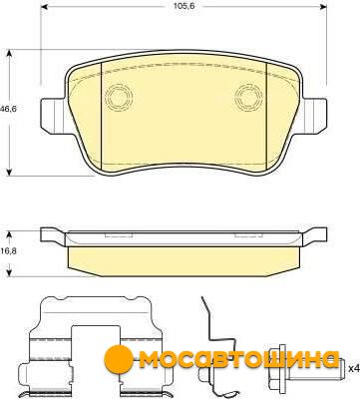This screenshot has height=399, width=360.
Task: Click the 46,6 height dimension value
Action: [x=8, y=108]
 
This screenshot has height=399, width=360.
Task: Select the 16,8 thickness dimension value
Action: [x=8, y=250]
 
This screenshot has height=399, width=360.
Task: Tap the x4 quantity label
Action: [x=354, y=368]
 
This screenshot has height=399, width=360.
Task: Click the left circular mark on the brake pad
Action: [x=119, y=97]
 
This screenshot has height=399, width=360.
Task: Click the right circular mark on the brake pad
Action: [x=248, y=97]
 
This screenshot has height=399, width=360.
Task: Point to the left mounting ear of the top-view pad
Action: [x=52, y=115]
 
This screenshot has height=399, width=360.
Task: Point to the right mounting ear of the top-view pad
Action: [x=314, y=115]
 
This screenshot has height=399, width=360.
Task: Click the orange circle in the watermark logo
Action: [x=117, y=358]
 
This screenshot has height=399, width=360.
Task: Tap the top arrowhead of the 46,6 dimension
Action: [x=10, y=54]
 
